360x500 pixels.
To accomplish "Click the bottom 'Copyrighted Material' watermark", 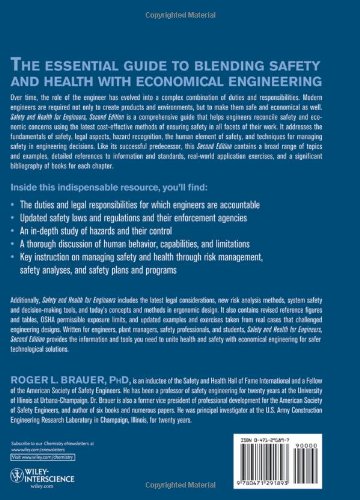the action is pos(180,489).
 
